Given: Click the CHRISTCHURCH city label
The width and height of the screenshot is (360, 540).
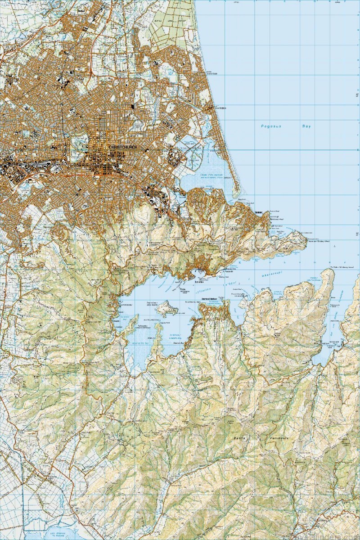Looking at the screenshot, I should click(122, 148).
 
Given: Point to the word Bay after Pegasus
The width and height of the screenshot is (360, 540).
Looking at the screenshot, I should click(306, 126).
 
